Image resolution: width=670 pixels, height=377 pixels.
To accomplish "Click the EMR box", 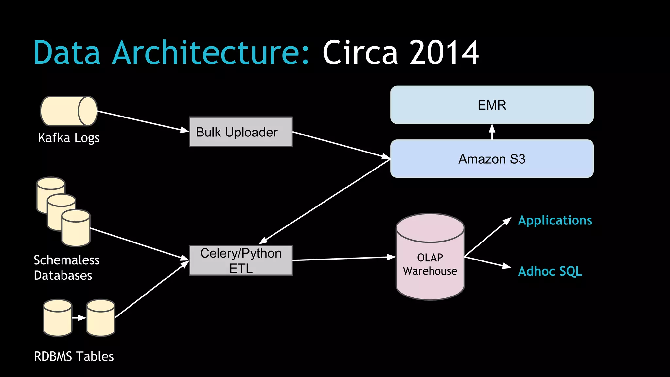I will [x=492, y=105].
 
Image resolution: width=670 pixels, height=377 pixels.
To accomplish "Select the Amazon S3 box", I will [x=492, y=159].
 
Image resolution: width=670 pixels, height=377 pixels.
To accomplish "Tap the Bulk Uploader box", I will [x=241, y=132].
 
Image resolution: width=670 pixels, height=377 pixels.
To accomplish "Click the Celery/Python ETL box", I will [x=241, y=260].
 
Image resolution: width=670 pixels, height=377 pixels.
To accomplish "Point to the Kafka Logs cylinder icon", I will [x=69, y=111].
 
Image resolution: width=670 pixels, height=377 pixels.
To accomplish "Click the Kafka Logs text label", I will [x=69, y=138].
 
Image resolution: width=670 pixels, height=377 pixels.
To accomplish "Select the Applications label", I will [x=555, y=221].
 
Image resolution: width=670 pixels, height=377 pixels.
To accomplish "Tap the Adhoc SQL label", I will [x=550, y=271].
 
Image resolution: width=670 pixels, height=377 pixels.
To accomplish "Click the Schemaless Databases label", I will [x=66, y=268].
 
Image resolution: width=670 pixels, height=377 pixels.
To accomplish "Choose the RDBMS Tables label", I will [x=74, y=356].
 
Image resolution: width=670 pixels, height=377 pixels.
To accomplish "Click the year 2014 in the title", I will [x=444, y=53].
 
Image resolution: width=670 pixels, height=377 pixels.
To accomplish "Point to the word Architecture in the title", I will [x=210, y=53].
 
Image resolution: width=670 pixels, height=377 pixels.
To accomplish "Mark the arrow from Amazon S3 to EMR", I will [x=492, y=132].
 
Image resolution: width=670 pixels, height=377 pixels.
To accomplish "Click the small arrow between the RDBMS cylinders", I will [x=79, y=318].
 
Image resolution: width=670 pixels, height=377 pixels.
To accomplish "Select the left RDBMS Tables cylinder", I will [x=58, y=318].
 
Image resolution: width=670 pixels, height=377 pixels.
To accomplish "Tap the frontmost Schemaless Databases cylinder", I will [x=76, y=228].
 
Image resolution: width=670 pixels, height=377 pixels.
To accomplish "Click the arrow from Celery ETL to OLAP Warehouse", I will [x=344, y=259].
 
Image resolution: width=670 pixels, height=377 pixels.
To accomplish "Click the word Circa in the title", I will [x=360, y=53].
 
